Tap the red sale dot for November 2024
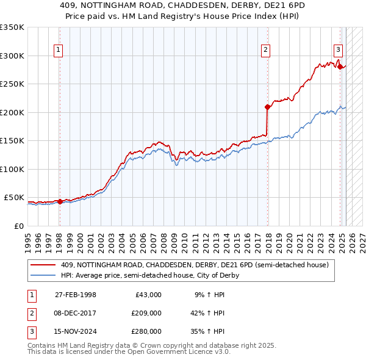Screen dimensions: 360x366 pos(340,67)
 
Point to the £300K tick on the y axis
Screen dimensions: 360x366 pos(12,56)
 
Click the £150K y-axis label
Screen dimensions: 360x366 pos(12,140)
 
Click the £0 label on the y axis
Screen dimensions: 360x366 pos(18,226)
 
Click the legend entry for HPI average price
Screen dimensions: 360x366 pos(150,275)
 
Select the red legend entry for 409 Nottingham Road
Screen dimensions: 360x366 pos(195,265)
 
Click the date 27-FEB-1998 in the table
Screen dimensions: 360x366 pos(76,295)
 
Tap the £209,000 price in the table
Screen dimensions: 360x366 pos(146,313)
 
